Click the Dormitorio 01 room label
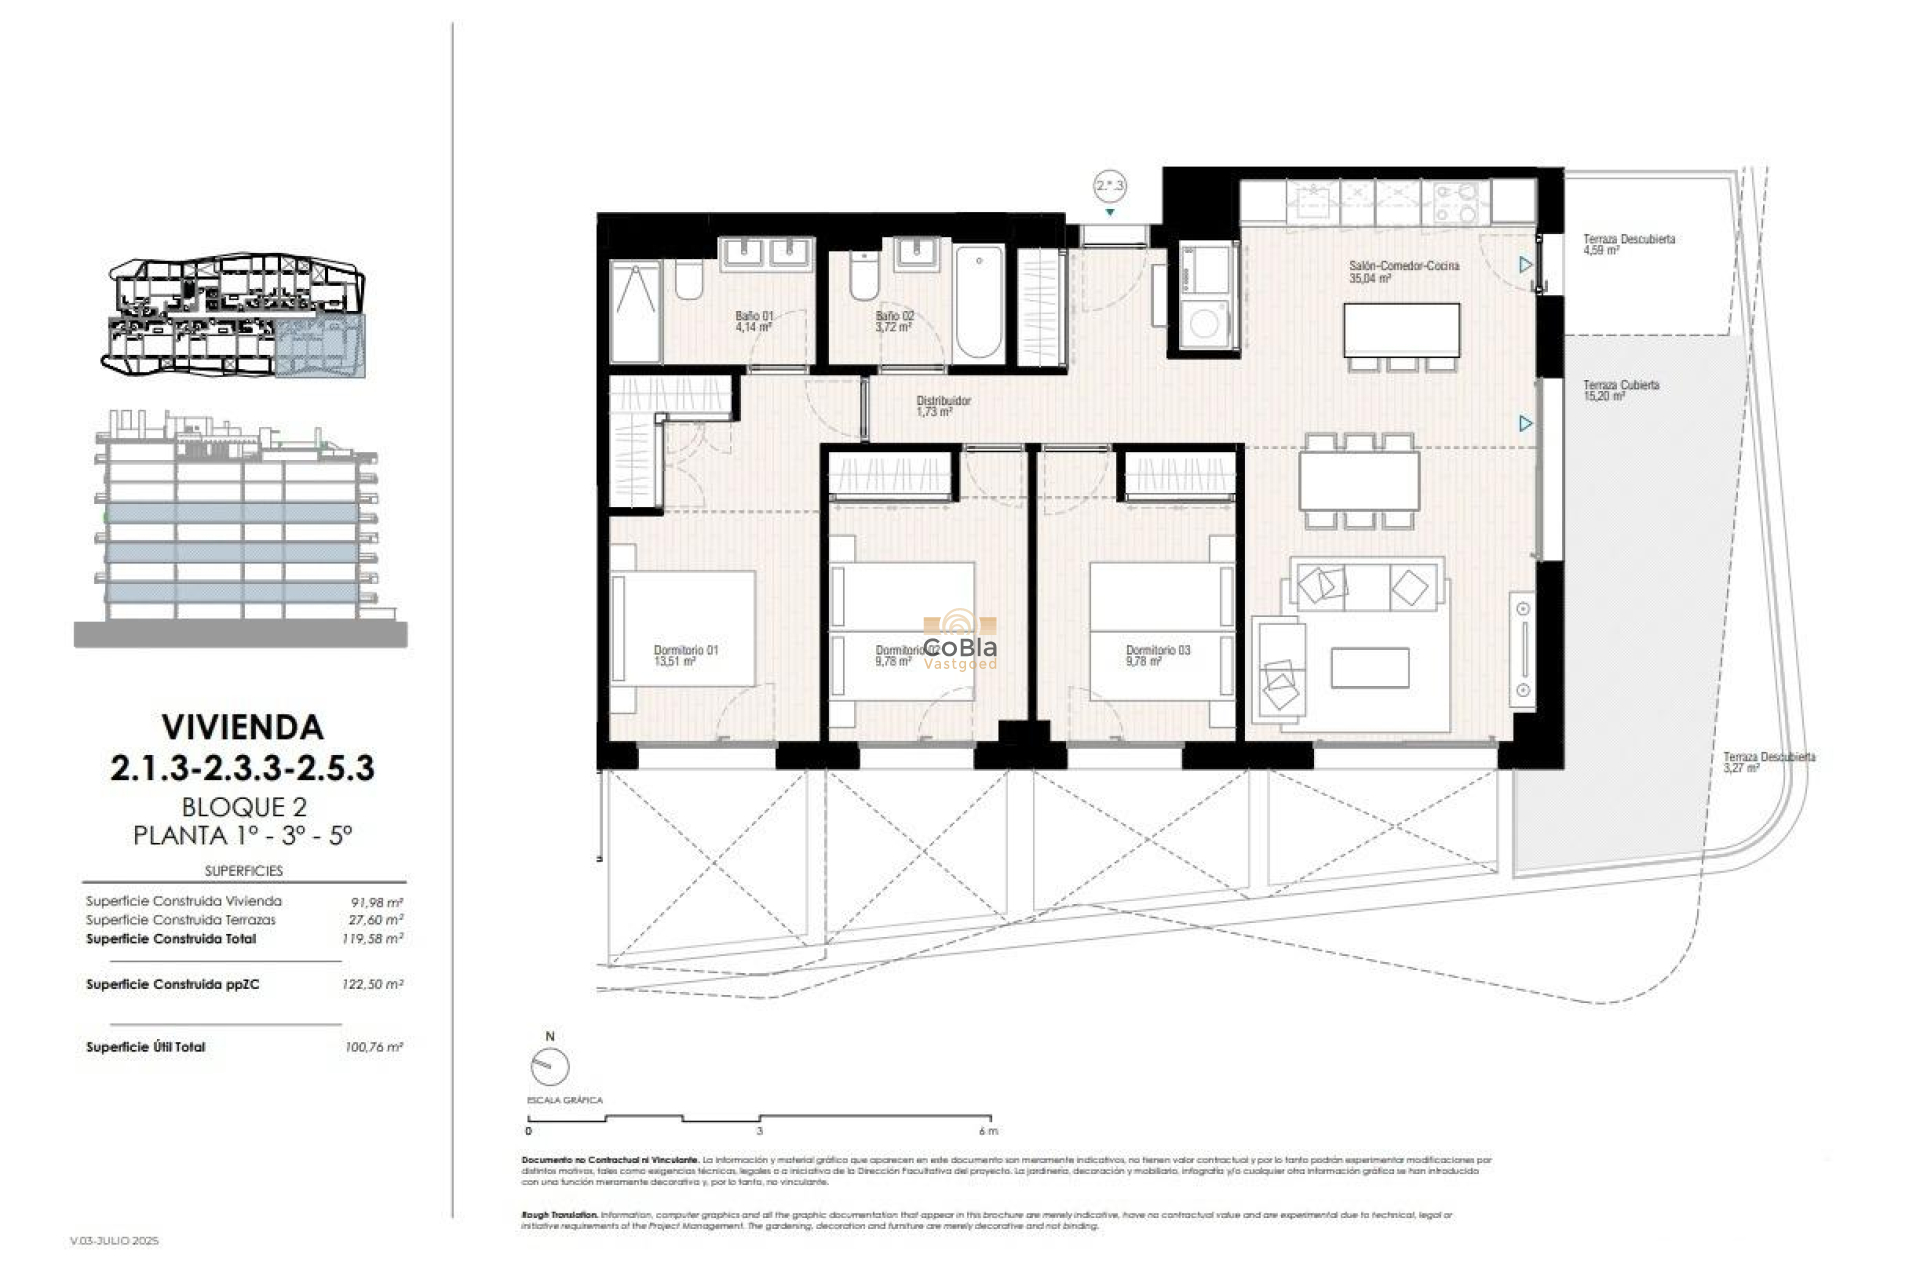pyautogui.click(x=685, y=655)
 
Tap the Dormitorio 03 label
pyautogui.click(x=1157, y=655)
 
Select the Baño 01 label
pyautogui.click(x=753, y=320)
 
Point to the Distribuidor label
pyautogui.click(x=942, y=405)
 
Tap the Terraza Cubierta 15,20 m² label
pyautogui.click(x=1620, y=390)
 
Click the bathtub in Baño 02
pyautogui.click(x=978, y=302)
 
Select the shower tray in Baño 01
pyautogui.click(x=635, y=311)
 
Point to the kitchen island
pyautogui.click(x=1401, y=329)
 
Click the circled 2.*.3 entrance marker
pyautogui.click(x=1109, y=186)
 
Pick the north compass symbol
pyautogui.click(x=549, y=1067)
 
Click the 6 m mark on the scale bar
pyautogui.click(x=988, y=1131)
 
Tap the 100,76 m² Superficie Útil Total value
pyautogui.click(x=373, y=1047)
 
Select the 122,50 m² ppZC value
pyautogui.click(x=372, y=984)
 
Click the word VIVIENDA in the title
pyautogui.click(x=242, y=726)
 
